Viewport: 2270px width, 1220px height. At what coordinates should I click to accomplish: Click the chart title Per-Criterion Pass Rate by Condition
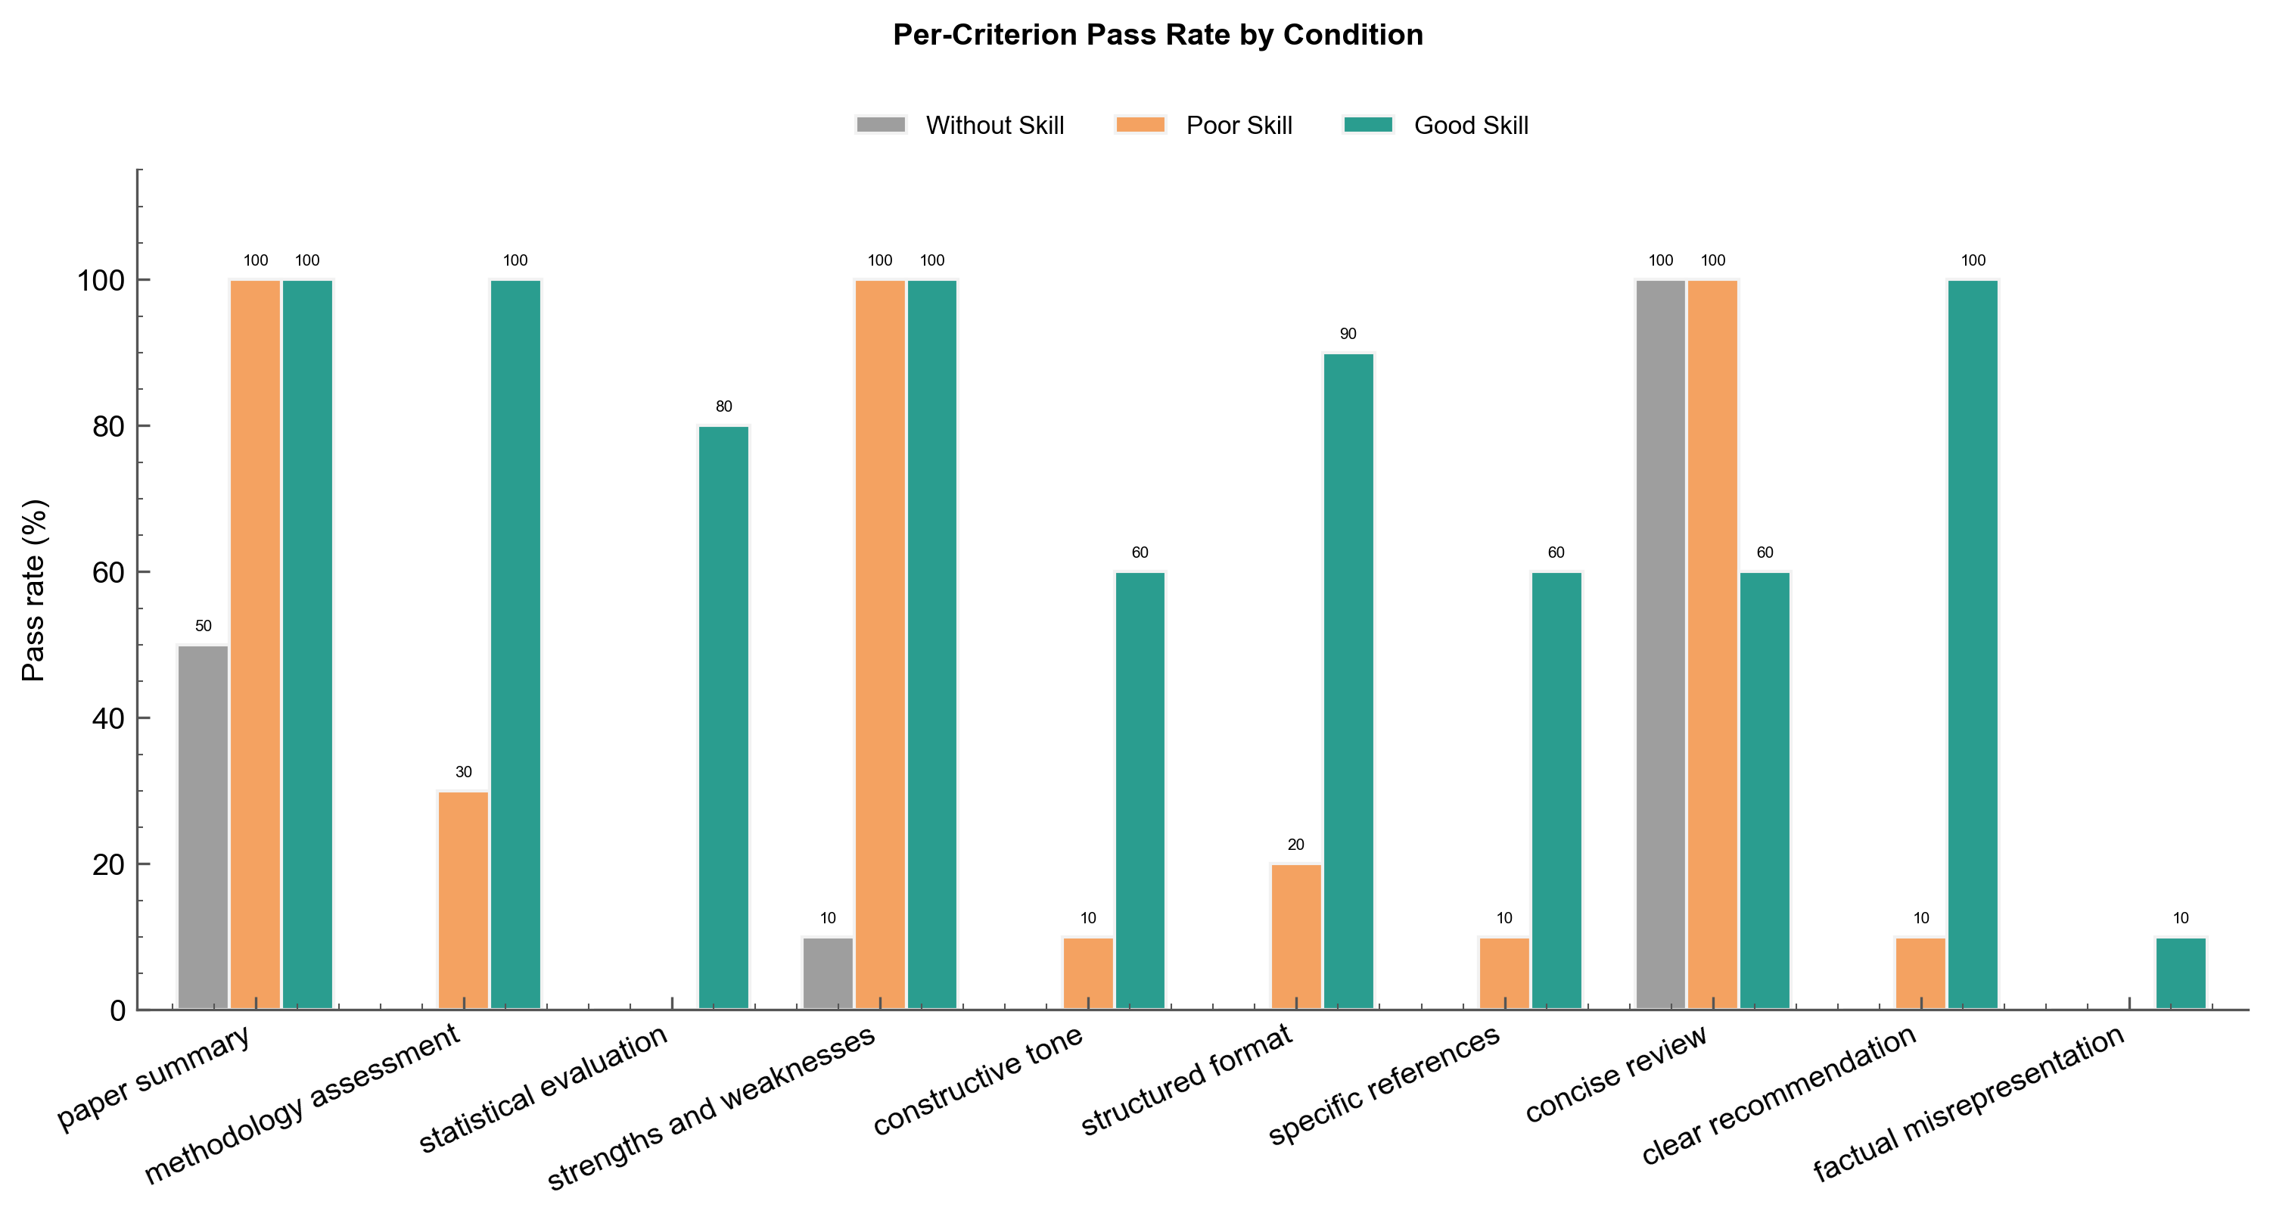tap(1157, 36)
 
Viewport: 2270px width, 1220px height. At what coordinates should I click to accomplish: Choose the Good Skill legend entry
tap(1435, 125)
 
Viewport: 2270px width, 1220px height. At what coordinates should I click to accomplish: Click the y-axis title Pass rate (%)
tap(34, 590)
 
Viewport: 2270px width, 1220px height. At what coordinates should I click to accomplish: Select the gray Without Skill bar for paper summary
tap(203, 827)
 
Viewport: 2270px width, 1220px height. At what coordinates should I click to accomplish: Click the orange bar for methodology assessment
tap(464, 900)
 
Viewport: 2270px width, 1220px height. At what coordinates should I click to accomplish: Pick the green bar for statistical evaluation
tap(723, 717)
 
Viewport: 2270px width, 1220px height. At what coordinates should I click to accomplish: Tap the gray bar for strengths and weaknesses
tap(828, 973)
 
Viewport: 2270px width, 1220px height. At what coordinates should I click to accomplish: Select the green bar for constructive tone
tap(1140, 791)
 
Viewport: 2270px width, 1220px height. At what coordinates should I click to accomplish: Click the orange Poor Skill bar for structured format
tap(1295, 936)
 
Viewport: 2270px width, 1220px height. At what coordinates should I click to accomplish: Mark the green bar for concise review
tap(1765, 791)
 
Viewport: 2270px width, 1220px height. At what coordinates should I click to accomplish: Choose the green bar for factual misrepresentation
tap(2181, 973)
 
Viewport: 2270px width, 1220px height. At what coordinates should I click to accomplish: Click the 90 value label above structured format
tap(1348, 334)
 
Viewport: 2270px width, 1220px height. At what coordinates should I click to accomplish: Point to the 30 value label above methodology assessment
tap(464, 772)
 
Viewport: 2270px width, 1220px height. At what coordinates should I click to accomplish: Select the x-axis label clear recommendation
tap(1778, 1096)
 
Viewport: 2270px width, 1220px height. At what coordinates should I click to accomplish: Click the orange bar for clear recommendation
tap(1921, 973)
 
